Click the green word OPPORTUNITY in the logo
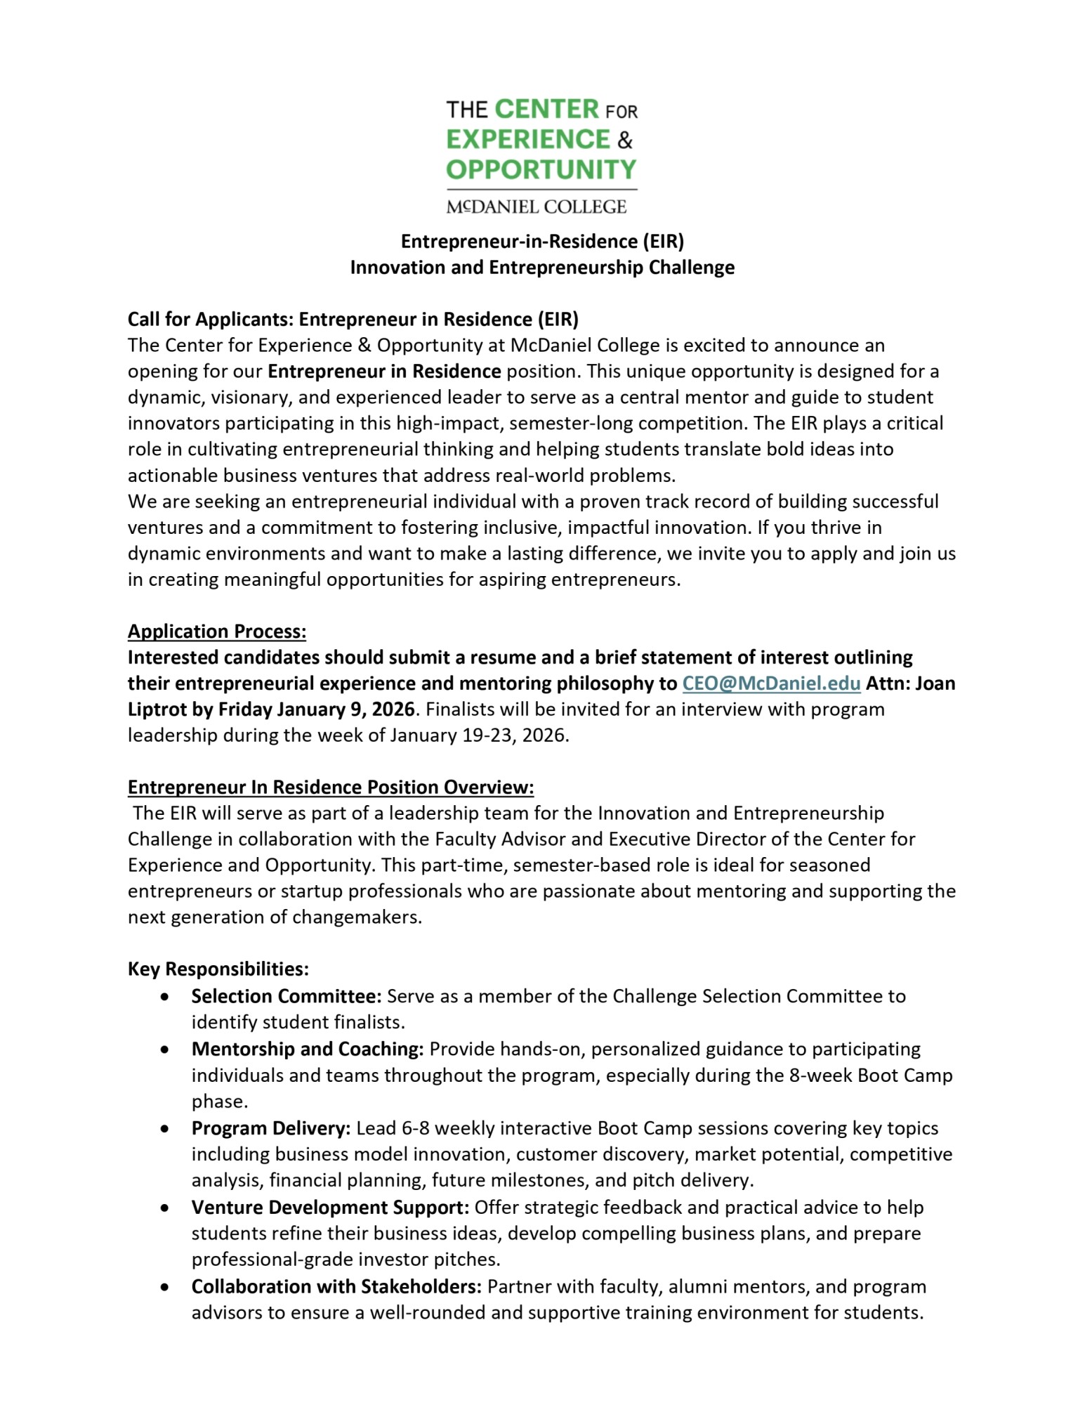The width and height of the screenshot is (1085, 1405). (x=541, y=170)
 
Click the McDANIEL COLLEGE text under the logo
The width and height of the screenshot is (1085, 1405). (x=537, y=207)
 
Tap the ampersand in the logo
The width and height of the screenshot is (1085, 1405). (x=625, y=140)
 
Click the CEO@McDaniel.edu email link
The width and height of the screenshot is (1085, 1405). (x=771, y=684)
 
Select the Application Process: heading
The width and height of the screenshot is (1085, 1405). (x=217, y=632)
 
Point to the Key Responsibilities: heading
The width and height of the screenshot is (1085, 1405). (x=218, y=969)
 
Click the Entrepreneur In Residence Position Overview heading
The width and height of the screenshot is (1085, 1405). (x=331, y=787)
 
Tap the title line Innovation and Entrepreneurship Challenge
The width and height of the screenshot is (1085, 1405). (x=542, y=268)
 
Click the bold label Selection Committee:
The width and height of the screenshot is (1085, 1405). (x=287, y=996)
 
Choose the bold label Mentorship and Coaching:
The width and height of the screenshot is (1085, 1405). (x=308, y=1049)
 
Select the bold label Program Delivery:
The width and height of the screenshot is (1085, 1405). (x=271, y=1128)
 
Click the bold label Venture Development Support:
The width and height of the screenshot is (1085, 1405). (x=330, y=1208)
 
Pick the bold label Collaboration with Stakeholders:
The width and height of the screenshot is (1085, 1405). (x=336, y=1286)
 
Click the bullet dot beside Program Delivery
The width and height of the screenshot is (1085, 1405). (x=164, y=1129)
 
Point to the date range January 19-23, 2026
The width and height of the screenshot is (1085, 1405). (x=478, y=736)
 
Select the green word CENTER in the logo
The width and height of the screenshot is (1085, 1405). (x=546, y=110)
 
